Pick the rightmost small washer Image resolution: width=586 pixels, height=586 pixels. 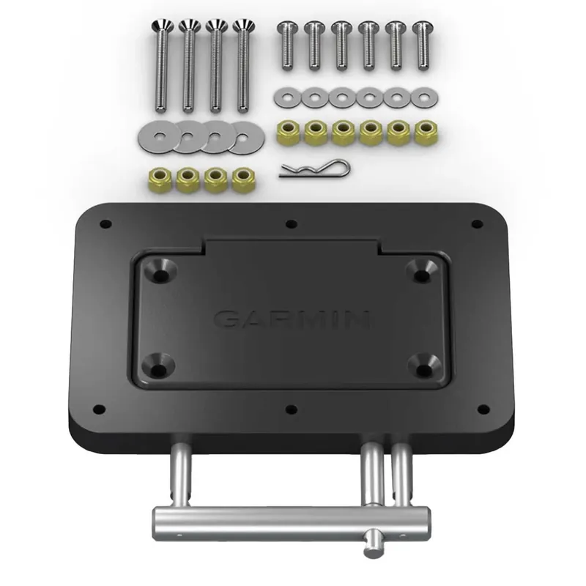(x=422, y=96)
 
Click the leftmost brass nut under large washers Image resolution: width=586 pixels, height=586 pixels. (x=160, y=178)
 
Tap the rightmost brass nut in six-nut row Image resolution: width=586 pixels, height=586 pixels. (x=423, y=133)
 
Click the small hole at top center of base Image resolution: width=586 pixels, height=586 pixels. (x=292, y=224)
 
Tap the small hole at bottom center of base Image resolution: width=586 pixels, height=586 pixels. (x=292, y=408)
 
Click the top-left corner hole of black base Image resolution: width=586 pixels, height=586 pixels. (x=106, y=223)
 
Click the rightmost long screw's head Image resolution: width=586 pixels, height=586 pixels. (x=242, y=28)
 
